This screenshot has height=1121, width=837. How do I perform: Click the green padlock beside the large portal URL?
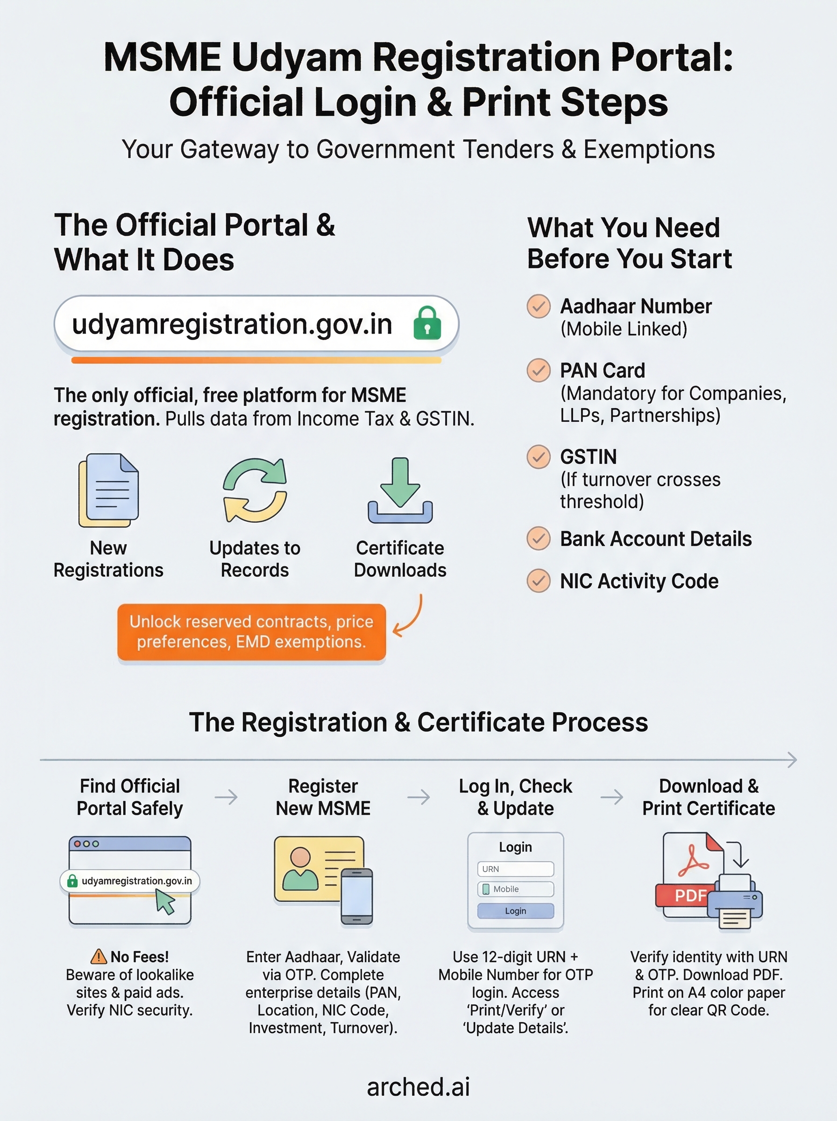point(427,323)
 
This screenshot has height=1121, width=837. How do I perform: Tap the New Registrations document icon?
point(108,490)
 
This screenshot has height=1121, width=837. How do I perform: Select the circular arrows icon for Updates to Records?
point(255,490)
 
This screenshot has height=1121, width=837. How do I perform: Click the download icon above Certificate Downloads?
point(400,490)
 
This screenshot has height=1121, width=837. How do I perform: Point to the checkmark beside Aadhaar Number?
point(539,306)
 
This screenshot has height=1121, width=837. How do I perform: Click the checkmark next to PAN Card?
point(539,370)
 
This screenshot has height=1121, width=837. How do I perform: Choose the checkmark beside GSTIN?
point(539,457)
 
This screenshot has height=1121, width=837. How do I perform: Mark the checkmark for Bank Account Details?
point(539,539)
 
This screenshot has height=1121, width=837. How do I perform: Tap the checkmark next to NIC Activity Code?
point(539,581)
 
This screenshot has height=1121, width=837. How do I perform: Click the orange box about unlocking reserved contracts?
point(251,631)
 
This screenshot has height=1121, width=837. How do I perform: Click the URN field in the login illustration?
point(515,869)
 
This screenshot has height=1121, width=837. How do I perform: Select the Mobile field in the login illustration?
point(515,889)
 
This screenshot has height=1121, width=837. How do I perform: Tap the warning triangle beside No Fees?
point(98,957)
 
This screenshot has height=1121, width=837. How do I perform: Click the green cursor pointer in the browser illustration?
point(165,902)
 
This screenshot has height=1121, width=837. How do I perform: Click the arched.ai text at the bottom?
point(418,1086)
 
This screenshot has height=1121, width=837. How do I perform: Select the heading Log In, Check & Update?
point(515,797)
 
